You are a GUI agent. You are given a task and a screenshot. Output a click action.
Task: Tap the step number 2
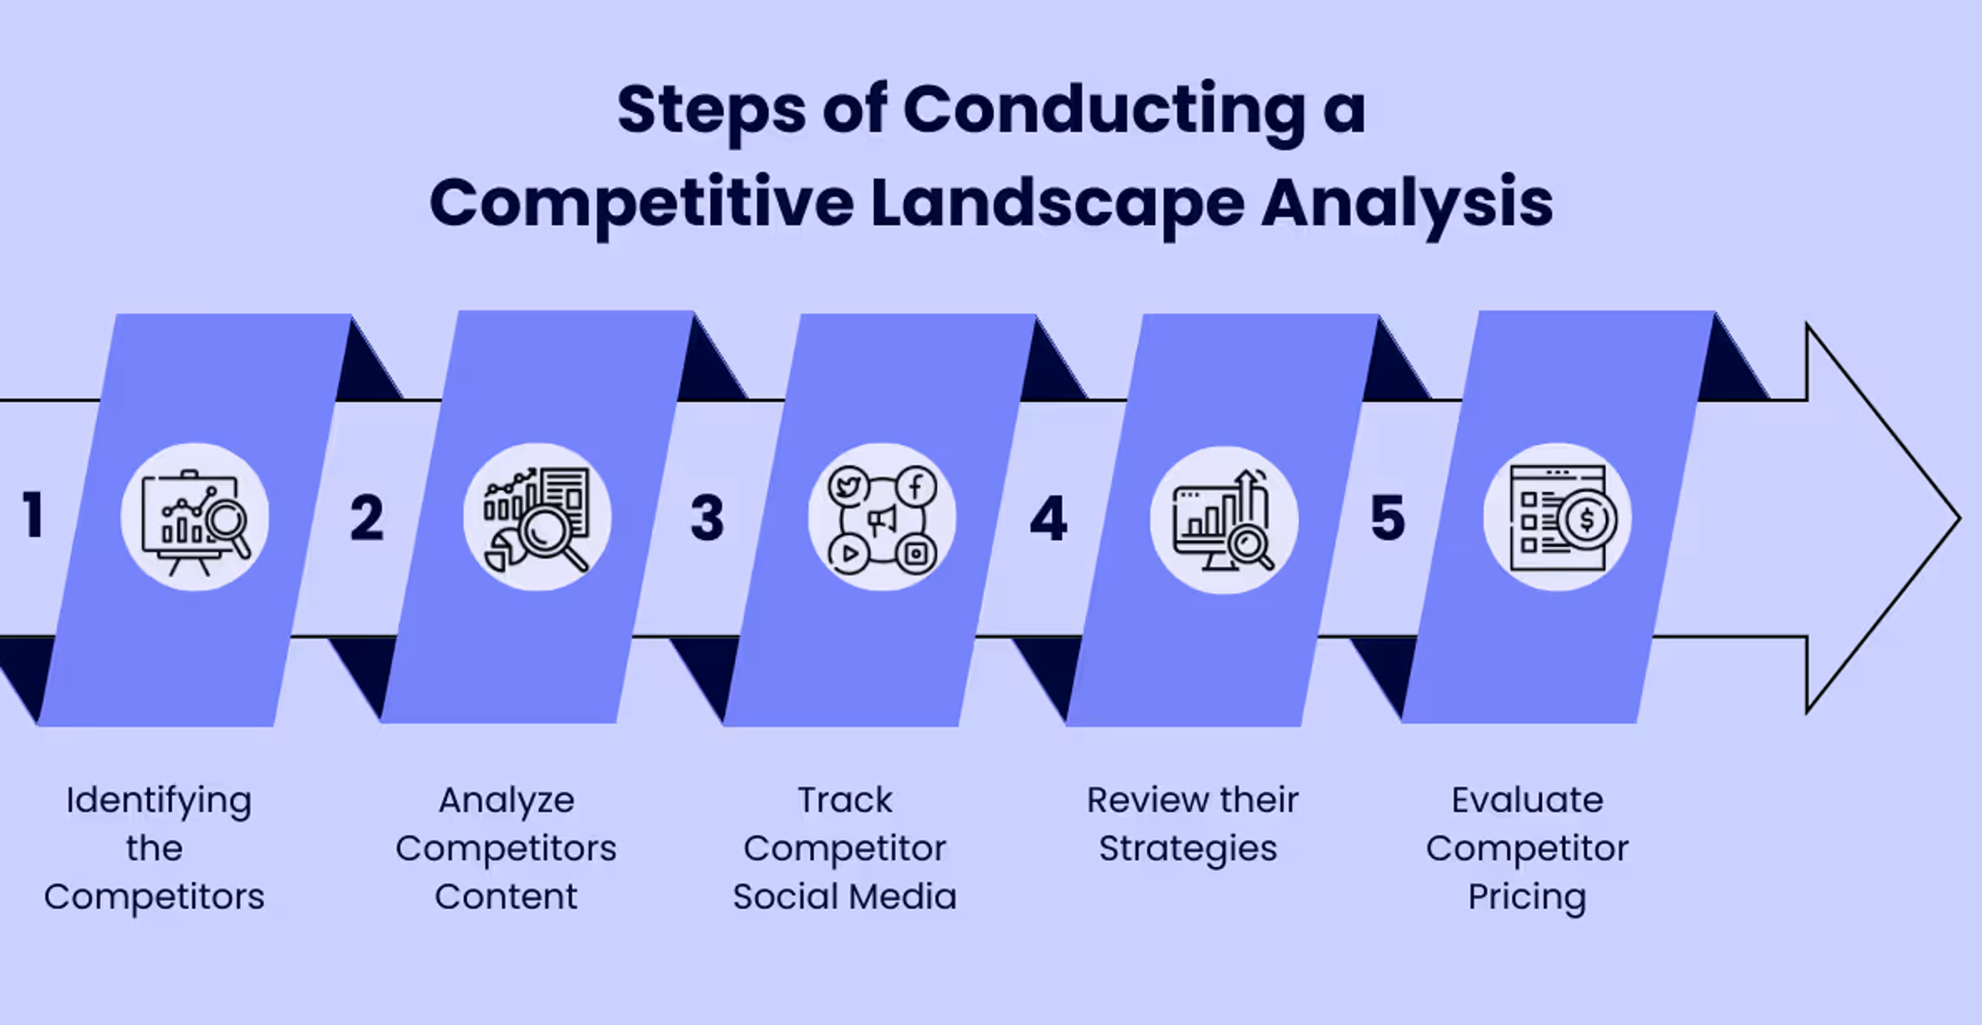coord(366,517)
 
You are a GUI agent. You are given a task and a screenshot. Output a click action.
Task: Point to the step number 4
coord(1048,518)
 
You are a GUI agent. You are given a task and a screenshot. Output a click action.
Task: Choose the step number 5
coord(1387,517)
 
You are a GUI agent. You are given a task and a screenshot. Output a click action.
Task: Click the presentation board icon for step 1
coord(195,517)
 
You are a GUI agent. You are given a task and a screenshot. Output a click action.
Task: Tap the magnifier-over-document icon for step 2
coord(537,517)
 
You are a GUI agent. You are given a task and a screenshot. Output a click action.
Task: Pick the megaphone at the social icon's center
coord(882,520)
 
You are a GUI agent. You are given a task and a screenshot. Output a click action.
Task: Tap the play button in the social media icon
coord(849,553)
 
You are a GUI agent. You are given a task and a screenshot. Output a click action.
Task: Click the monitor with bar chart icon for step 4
coord(1223,520)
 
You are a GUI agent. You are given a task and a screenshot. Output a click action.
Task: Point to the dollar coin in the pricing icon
coord(1587,519)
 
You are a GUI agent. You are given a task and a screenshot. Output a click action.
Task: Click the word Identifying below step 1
coord(158,801)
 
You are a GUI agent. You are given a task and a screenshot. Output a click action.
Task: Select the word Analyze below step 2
coord(506,801)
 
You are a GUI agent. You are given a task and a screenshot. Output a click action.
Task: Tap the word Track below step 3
coord(845,800)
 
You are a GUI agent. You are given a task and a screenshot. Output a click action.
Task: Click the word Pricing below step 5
coord(1527,897)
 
